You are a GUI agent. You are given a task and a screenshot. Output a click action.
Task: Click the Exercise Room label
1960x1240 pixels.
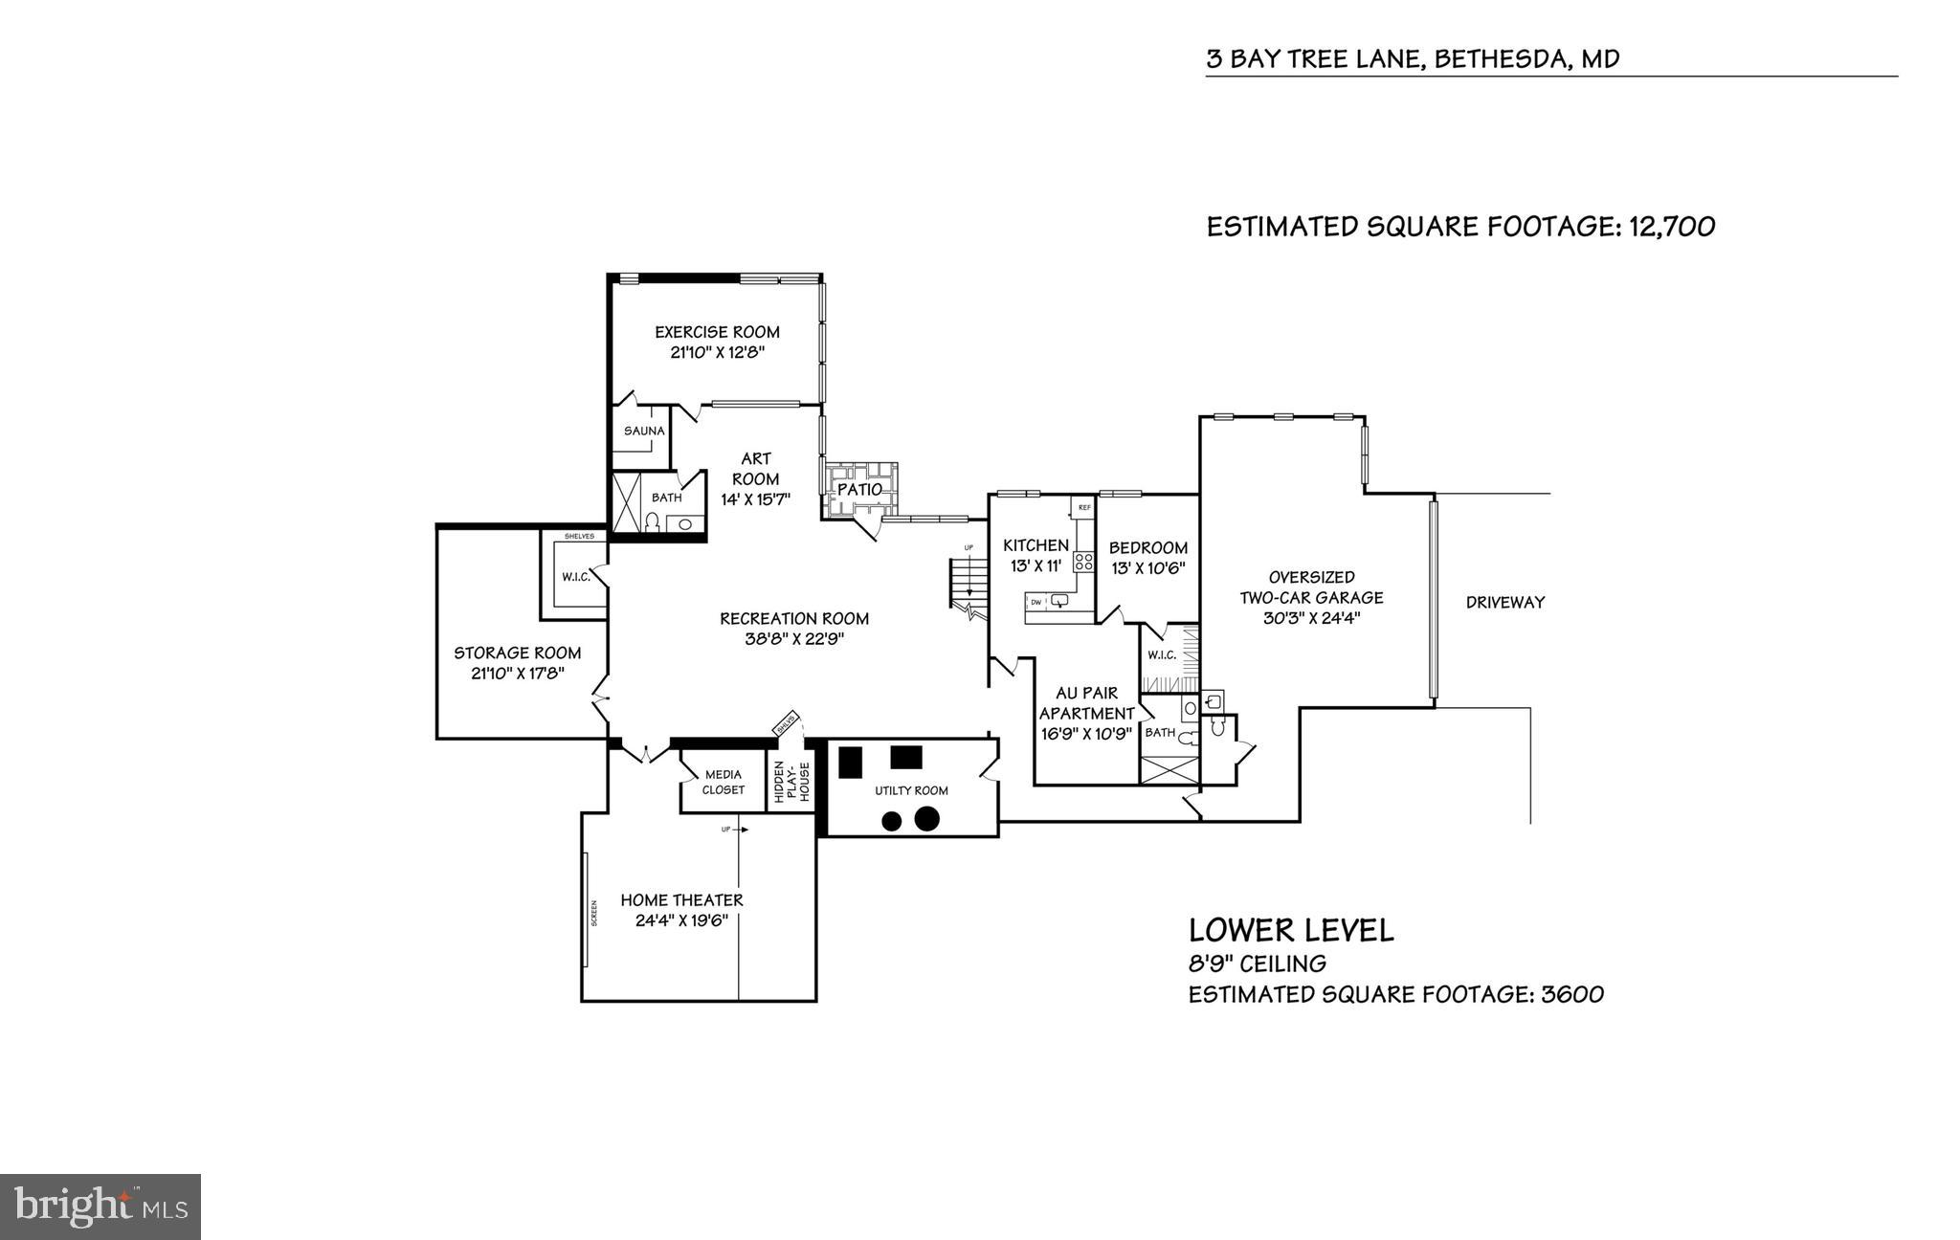point(717,332)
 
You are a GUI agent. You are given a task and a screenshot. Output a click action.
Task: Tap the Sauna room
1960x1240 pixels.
point(643,432)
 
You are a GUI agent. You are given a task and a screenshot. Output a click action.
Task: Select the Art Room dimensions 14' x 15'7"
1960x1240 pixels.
point(755,499)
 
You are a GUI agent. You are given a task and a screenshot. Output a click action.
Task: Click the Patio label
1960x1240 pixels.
point(859,489)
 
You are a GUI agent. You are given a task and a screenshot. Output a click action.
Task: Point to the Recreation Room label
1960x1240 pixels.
point(794,619)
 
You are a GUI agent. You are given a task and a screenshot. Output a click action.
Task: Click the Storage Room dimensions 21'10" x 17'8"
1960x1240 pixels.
point(517,674)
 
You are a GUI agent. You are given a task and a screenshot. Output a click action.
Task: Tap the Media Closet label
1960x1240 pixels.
point(723,782)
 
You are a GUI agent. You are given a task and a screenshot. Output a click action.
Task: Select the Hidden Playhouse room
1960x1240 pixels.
point(791,782)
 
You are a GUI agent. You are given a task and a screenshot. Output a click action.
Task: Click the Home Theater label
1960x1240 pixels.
point(681,900)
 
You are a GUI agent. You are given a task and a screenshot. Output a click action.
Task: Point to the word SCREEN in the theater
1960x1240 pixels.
point(593,914)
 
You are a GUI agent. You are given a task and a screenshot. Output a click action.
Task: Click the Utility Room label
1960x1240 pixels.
point(911,790)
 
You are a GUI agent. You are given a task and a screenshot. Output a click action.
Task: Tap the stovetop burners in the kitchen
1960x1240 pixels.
point(1083,562)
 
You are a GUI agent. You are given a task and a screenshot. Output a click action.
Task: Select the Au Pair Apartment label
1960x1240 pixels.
point(1086,703)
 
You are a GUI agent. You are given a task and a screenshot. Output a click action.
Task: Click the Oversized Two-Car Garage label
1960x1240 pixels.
point(1311,587)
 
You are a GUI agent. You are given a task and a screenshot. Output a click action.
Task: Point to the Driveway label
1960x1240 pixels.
point(1505,603)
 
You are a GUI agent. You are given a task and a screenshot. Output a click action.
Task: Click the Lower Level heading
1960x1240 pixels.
point(1290,930)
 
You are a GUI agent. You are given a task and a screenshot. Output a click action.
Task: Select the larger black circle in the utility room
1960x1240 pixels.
point(925,819)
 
